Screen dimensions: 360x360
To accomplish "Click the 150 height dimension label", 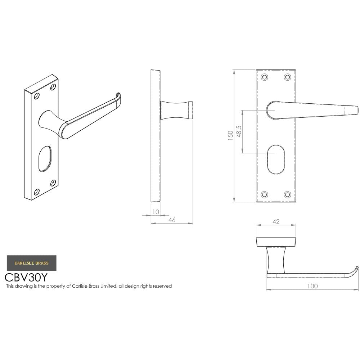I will click(x=230, y=135).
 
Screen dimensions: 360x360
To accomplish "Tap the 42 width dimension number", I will click(x=276, y=221).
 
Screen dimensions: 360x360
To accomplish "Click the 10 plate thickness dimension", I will click(x=155, y=212).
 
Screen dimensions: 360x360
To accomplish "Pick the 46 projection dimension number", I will click(x=172, y=220).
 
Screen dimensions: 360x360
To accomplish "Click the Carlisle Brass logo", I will click(x=31, y=263).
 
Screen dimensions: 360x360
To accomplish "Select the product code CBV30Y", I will click(x=26, y=278).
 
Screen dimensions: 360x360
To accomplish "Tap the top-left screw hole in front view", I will click(x=265, y=77).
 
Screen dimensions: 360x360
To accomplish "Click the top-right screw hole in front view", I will click(x=287, y=77).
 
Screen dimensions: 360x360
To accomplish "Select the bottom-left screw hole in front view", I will click(x=265, y=194).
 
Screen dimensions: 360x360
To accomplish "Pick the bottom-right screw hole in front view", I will click(x=287, y=194).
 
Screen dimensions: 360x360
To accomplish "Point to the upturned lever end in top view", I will click(x=356, y=270).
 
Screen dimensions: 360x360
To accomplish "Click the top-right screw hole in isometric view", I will click(x=53, y=87).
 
